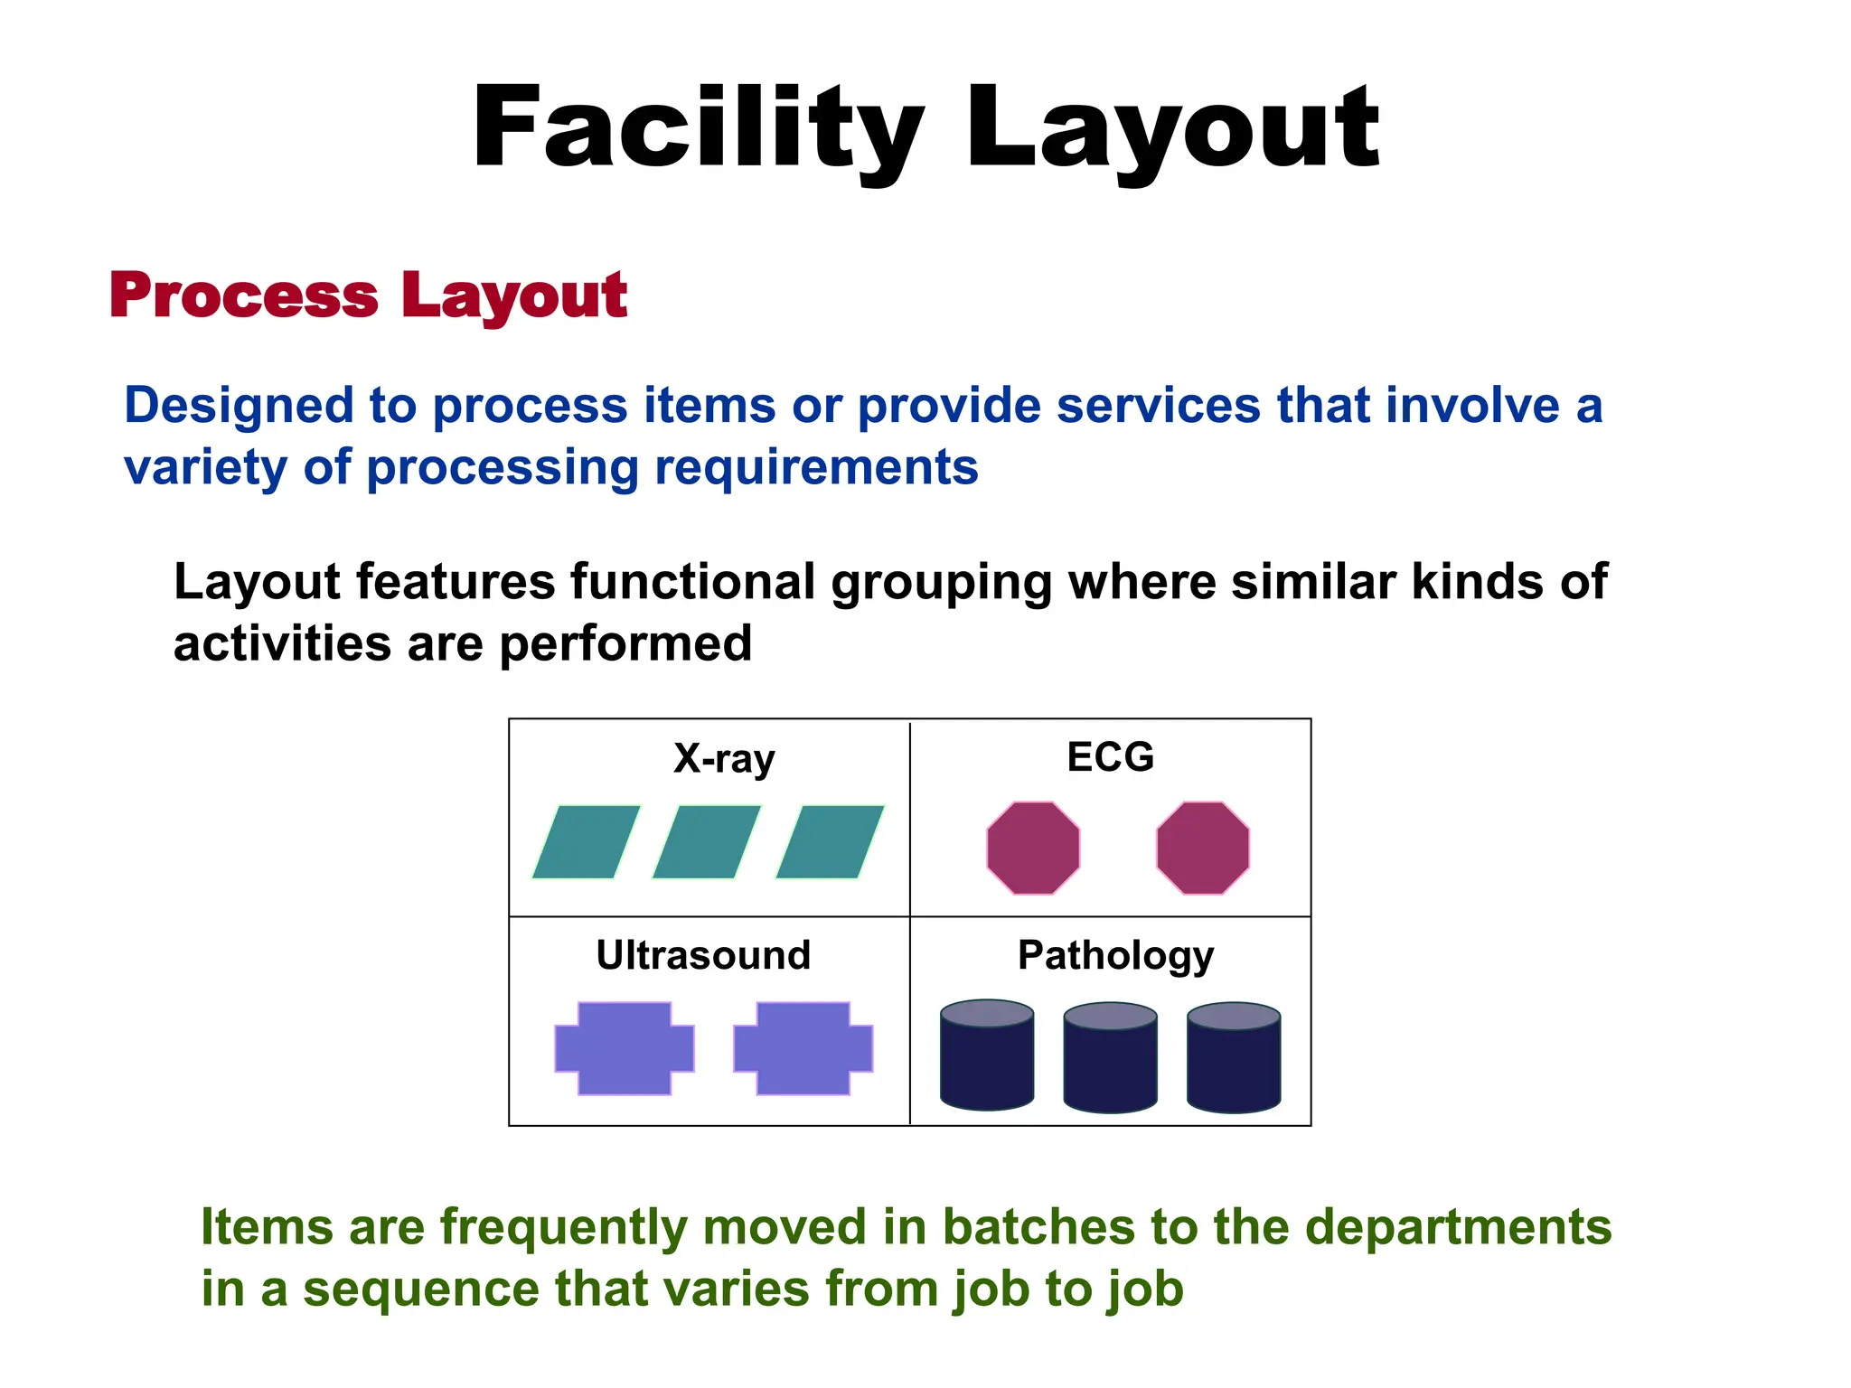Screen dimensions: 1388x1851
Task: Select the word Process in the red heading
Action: pyautogui.click(x=244, y=295)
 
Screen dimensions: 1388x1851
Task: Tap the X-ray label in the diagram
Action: pyautogui.click(x=724, y=758)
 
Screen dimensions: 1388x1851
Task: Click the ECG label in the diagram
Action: pyautogui.click(x=1110, y=756)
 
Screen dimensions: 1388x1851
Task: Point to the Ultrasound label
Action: pyautogui.click(x=703, y=955)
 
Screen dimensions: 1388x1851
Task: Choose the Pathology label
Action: pyautogui.click(x=1115, y=956)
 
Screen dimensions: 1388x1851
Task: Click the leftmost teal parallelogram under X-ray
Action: pyautogui.click(x=586, y=841)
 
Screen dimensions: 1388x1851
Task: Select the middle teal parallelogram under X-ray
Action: pyautogui.click(x=707, y=841)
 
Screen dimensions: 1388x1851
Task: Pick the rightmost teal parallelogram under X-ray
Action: pyautogui.click(x=830, y=841)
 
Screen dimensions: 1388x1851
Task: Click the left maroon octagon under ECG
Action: pyautogui.click(x=1033, y=848)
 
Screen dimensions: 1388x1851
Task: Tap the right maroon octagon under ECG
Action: pyautogui.click(x=1203, y=848)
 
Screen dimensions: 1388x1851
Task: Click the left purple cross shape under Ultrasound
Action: pyautogui.click(x=625, y=1048)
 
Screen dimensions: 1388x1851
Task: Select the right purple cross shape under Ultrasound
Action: pyautogui.click(x=803, y=1048)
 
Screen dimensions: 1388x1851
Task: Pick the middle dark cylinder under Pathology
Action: pyautogui.click(x=1110, y=1057)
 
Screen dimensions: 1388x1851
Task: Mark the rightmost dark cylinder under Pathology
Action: pyautogui.click(x=1234, y=1057)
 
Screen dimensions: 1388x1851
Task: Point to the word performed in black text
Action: pyautogui.click(x=625, y=643)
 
